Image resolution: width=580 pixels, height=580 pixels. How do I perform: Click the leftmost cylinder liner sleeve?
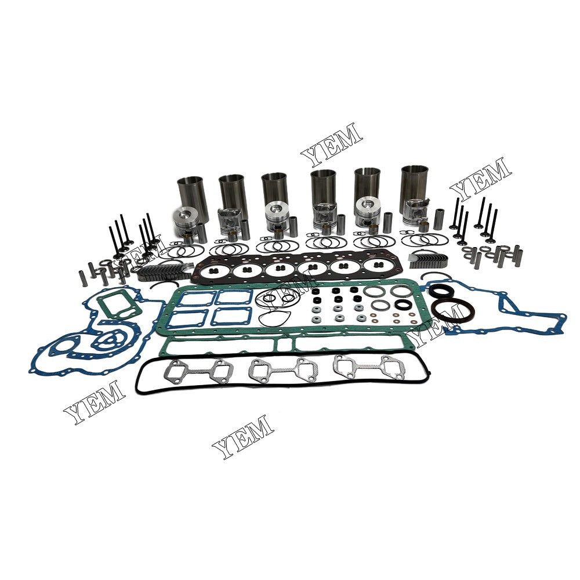pyautogui.click(x=190, y=193)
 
